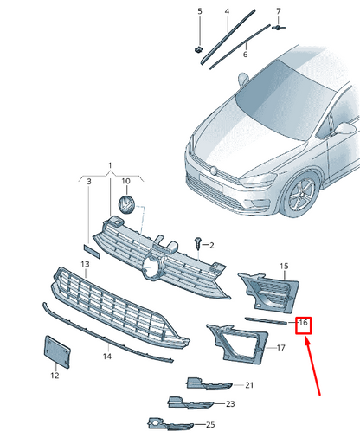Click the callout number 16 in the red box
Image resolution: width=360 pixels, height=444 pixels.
pos(303,322)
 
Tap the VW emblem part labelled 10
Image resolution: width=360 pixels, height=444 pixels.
pos(126,204)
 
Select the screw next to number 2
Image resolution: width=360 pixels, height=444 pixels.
pos(198,243)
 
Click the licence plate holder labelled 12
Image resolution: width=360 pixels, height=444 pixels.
pos(57,351)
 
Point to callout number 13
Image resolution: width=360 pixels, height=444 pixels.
pos(85,264)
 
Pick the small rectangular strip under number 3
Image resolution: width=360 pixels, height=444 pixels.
pos(92,251)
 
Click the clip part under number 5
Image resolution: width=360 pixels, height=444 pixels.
pos(198,49)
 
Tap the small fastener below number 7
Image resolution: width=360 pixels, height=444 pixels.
pos(279,28)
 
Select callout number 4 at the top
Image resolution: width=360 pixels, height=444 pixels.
pos(227,11)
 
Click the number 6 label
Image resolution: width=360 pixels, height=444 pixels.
pos(245,55)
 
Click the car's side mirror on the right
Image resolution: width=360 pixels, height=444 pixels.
pos(344,129)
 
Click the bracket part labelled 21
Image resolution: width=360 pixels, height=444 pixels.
pos(209,384)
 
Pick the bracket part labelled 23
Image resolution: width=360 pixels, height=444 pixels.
pos(190,402)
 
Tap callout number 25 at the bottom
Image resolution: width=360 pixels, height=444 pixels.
pos(210,424)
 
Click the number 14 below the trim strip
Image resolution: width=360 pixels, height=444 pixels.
pos(107,357)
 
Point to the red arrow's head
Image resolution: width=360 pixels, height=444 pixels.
pos(306,339)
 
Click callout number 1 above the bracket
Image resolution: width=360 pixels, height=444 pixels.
pos(110,165)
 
